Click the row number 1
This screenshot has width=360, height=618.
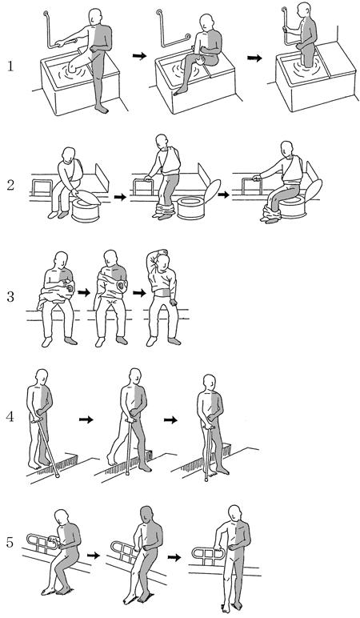(10, 66)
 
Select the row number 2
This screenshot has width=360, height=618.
(10, 184)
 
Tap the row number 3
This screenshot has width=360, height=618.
(10, 296)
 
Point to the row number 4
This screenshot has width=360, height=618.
(10, 416)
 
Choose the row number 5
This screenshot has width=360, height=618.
(10, 542)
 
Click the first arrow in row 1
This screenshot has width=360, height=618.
(139, 56)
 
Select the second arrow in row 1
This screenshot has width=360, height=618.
(254, 58)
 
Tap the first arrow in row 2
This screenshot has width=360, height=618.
(121, 196)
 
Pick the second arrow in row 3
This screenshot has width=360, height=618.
(139, 293)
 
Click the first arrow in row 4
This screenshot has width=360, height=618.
(86, 419)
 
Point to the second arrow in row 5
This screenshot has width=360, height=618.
(174, 557)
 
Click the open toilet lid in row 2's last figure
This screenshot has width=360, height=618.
(314, 190)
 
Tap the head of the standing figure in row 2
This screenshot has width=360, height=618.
(161, 142)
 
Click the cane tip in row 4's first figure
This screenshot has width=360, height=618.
(58, 476)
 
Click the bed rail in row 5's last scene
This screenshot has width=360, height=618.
(206, 554)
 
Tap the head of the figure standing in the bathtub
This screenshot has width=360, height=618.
(303, 10)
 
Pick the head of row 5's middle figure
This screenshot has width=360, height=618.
(146, 514)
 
